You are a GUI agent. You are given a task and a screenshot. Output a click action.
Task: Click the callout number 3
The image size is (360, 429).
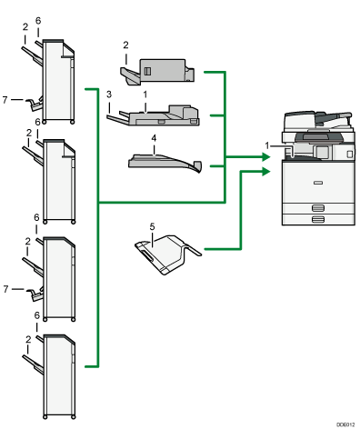[x=109, y=93]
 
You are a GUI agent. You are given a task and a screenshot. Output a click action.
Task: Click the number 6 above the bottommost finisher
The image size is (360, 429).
[x=37, y=315]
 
